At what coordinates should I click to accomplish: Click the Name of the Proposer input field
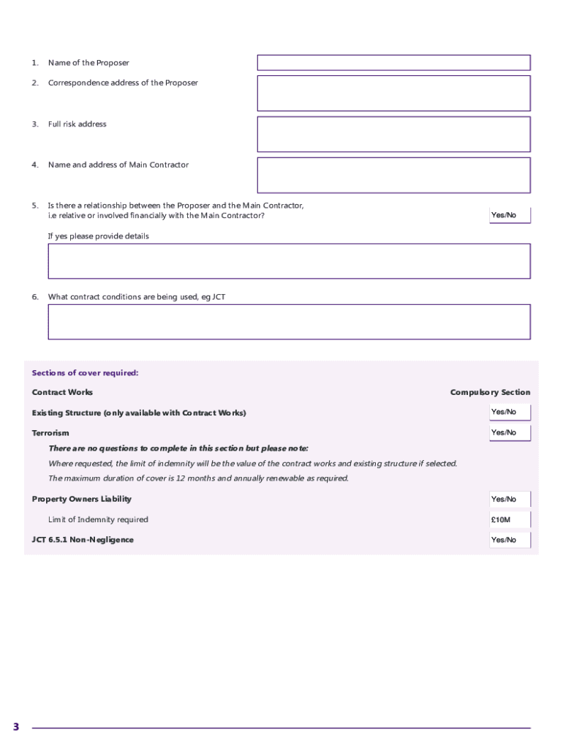click(x=393, y=63)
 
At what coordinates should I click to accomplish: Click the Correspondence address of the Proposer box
click(x=393, y=93)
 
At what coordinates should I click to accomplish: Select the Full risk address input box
click(x=393, y=134)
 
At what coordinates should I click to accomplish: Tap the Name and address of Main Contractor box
click(x=393, y=175)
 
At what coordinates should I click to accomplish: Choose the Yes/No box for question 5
click(x=509, y=215)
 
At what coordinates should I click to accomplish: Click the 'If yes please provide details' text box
click(x=289, y=261)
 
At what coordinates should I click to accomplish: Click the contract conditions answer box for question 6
click(x=289, y=322)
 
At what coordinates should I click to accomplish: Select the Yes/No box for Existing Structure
click(x=509, y=413)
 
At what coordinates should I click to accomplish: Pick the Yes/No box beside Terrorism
click(x=509, y=433)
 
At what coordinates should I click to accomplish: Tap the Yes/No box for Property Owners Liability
click(x=509, y=500)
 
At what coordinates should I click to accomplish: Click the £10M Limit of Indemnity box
click(x=509, y=520)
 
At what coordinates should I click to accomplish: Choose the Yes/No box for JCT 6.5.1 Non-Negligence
click(x=509, y=541)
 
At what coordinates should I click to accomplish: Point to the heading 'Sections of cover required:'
click(x=85, y=373)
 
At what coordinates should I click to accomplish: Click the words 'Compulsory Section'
click(x=490, y=393)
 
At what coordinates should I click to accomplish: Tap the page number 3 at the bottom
click(x=15, y=727)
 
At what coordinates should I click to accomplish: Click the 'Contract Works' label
click(x=62, y=393)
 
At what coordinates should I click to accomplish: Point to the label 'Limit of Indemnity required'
click(x=98, y=520)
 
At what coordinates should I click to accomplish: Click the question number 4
click(x=34, y=165)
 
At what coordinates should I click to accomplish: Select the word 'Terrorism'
click(x=50, y=434)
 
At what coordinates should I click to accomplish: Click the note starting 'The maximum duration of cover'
click(x=198, y=478)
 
